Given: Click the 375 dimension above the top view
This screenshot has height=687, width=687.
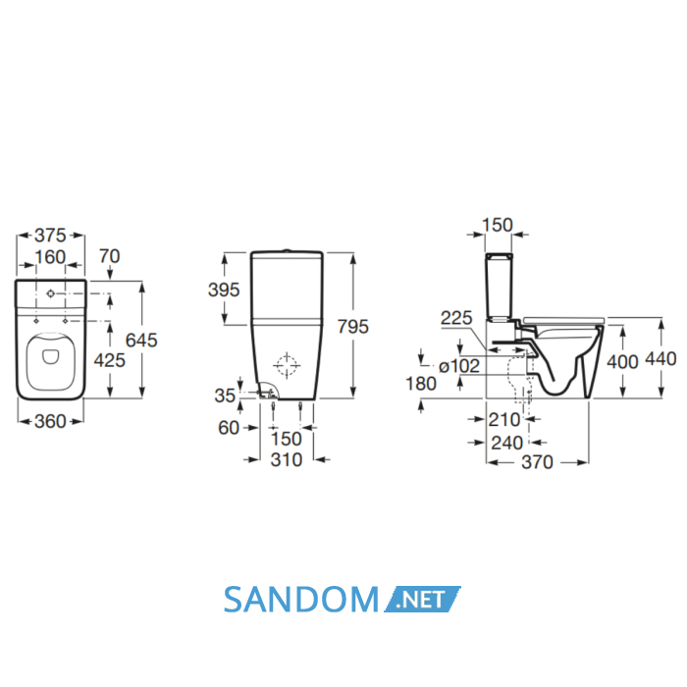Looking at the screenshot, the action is pyautogui.click(x=50, y=236).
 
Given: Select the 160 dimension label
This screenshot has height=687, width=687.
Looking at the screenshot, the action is pyautogui.click(x=50, y=257).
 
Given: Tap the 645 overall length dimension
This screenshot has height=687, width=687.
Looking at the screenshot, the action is pyautogui.click(x=141, y=340).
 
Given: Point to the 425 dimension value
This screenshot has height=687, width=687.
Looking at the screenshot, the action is pyautogui.click(x=110, y=360).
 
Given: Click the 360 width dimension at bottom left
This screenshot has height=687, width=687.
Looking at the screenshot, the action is pyautogui.click(x=50, y=421).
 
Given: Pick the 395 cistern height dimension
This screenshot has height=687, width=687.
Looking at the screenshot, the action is pyautogui.click(x=224, y=290).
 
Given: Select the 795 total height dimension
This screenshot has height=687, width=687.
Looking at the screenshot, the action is pyautogui.click(x=353, y=327).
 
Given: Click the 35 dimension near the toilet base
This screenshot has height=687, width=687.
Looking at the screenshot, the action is pyautogui.click(x=225, y=396).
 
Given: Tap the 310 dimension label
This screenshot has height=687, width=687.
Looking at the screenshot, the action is pyautogui.click(x=287, y=459).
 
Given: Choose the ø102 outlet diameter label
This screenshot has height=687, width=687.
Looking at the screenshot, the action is pyautogui.click(x=459, y=366).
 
